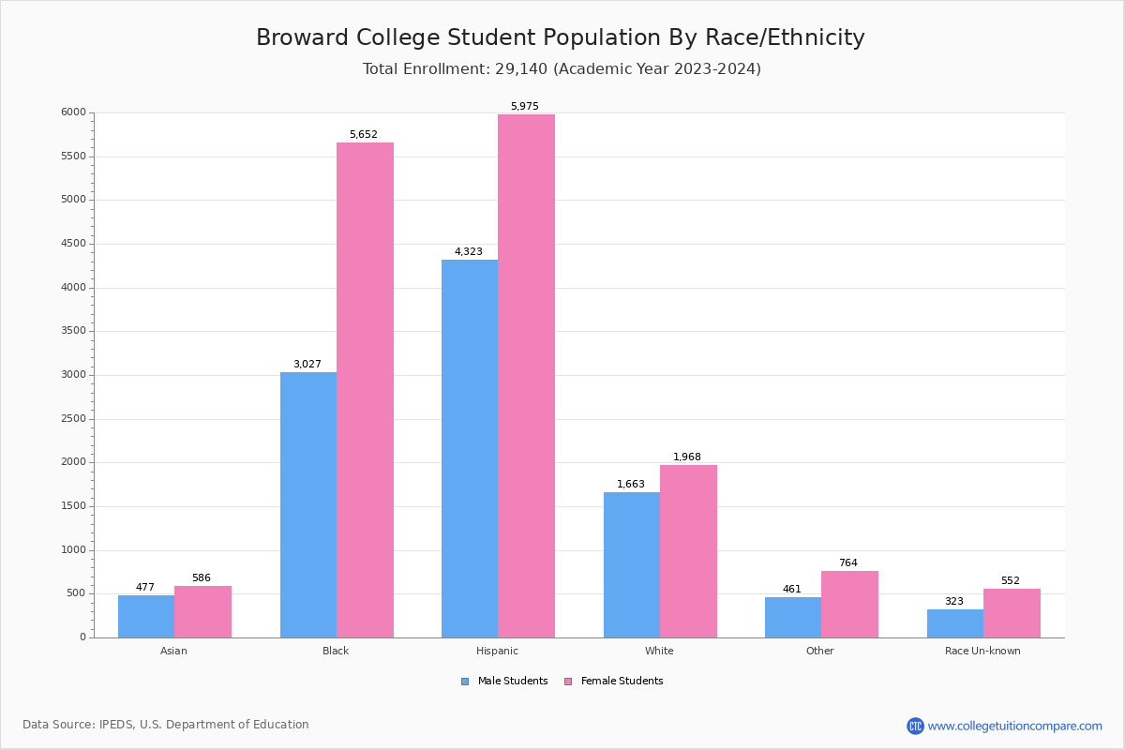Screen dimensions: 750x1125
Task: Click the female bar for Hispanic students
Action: point(526,375)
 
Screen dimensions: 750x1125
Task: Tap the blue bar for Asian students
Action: point(146,616)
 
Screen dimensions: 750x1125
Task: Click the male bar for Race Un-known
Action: point(955,623)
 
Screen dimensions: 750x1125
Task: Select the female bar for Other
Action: point(849,604)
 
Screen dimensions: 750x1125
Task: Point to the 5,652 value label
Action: point(364,135)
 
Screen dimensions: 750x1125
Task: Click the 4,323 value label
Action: point(469,252)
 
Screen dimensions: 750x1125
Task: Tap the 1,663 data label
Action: point(631,485)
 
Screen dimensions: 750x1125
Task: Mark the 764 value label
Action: point(848,563)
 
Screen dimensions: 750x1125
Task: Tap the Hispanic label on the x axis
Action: point(497,651)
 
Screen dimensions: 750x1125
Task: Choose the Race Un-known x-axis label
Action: point(982,651)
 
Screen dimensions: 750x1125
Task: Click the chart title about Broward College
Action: point(561,37)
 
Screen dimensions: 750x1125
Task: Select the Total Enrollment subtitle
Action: point(562,68)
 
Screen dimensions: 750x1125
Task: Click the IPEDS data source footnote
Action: point(166,725)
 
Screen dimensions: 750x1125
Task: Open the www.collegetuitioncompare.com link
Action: point(1014,726)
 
